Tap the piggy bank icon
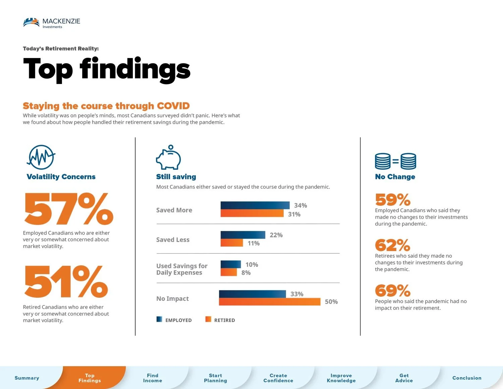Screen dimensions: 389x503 [168, 157]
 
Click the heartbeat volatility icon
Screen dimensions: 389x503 [41, 157]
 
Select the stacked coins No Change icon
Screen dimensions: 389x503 [395, 161]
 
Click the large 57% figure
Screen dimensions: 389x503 [69, 209]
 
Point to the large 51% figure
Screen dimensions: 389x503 [66, 282]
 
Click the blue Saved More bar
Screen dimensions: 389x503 [255, 205]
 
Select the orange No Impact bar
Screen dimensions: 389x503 [270, 301]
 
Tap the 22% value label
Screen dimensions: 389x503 [276, 235]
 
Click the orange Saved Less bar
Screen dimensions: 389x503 [232, 243]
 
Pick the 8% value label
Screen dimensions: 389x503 [246, 273]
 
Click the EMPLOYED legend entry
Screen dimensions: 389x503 [174, 320]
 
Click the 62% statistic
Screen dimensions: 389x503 [392, 245]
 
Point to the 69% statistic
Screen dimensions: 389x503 [392, 290]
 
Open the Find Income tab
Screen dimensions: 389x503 [153, 378]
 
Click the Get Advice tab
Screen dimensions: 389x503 [404, 378]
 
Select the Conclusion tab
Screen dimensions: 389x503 [467, 378]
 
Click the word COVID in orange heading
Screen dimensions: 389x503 [173, 106]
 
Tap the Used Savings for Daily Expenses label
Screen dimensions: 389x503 [182, 269]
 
